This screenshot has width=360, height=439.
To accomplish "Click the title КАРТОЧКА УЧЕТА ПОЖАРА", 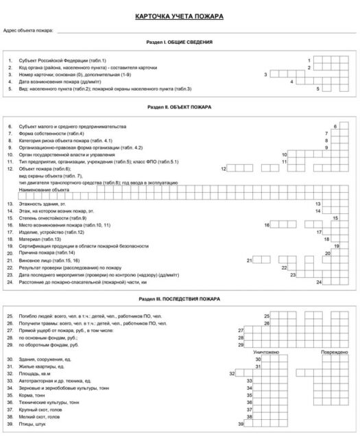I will click(180, 16).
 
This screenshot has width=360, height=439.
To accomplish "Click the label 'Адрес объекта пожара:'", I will click(28, 31).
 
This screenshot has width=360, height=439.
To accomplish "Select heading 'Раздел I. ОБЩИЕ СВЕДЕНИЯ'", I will click(180, 43).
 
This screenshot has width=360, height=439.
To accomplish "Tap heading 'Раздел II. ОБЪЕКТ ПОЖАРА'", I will click(180, 108).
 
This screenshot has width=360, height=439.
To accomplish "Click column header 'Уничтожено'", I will click(266, 351).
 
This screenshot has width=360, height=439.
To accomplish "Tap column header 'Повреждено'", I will click(329, 351).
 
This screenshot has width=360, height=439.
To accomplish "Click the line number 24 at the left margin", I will click(10, 282).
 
